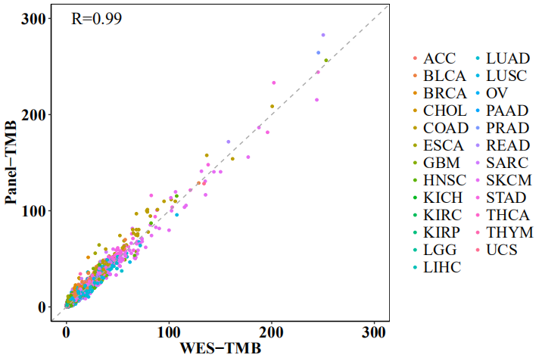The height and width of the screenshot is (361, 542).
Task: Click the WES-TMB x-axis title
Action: (x=220, y=349)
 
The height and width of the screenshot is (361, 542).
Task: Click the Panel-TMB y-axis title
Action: (x=12, y=162)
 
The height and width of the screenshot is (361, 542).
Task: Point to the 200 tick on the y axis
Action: (x=36, y=114)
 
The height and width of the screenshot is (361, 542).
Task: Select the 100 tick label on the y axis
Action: (x=36, y=210)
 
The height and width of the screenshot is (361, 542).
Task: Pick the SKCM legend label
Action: (x=508, y=180)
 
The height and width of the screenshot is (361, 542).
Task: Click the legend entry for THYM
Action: (x=509, y=232)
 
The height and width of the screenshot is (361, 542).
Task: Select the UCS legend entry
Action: (x=502, y=250)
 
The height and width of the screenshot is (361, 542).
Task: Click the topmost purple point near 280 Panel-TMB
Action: (x=323, y=35)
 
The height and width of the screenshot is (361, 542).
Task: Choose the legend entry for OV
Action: (x=497, y=93)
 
